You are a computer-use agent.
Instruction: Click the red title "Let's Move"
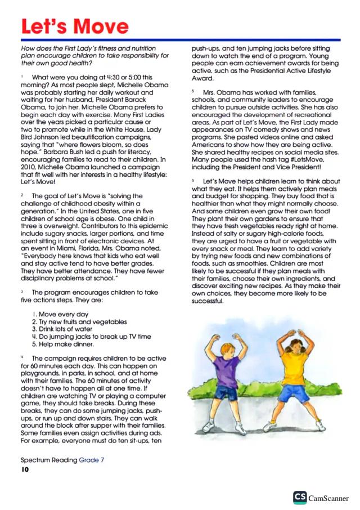(x=74, y=25)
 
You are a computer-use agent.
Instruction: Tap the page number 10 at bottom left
(x=25, y=469)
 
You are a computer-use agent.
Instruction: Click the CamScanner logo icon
(x=300, y=498)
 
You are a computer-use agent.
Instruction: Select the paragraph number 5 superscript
(x=192, y=90)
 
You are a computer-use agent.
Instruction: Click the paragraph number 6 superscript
(x=192, y=180)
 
